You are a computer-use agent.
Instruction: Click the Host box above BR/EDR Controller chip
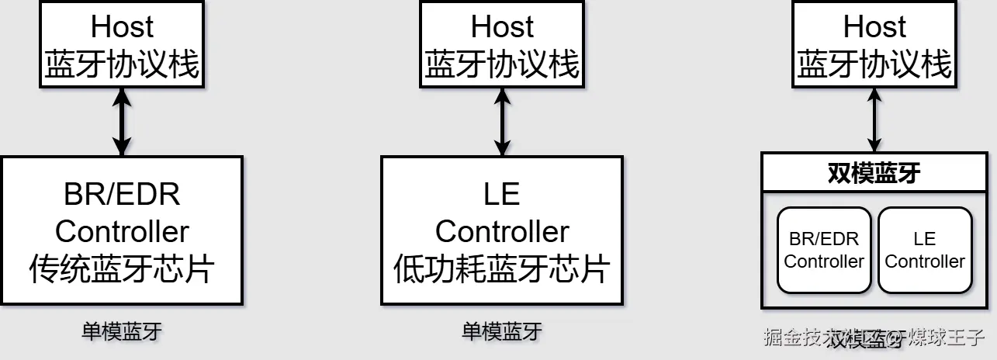click(x=122, y=45)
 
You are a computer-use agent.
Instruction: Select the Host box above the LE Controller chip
click(x=502, y=45)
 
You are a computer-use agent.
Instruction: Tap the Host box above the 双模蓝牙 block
click(x=874, y=45)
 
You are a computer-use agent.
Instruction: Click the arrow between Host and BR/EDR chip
click(x=122, y=122)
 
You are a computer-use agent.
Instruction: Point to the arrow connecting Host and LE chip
click(x=502, y=122)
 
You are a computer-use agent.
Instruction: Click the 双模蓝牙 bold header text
click(x=874, y=173)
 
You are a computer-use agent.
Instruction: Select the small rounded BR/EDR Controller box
click(x=823, y=250)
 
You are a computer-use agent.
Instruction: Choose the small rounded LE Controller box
click(x=925, y=250)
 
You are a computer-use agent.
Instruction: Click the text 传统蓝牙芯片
click(x=122, y=269)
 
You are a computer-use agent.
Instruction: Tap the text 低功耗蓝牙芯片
click(x=502, y=269)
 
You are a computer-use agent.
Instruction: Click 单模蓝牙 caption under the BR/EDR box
click(x=122, y=332)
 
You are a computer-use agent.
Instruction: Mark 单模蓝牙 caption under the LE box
click(x=502, y=332)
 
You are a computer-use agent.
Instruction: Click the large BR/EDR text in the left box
click(x=122, y=194)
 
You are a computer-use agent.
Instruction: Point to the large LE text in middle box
click(x=502, y=194)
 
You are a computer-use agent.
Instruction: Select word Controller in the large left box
click(x=122, y=231)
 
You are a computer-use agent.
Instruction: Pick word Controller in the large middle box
click(x=502, y=231)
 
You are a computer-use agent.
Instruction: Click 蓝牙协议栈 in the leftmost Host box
click(x=122, y=64)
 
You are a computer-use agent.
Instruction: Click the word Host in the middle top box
click(x=502, y=27)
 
